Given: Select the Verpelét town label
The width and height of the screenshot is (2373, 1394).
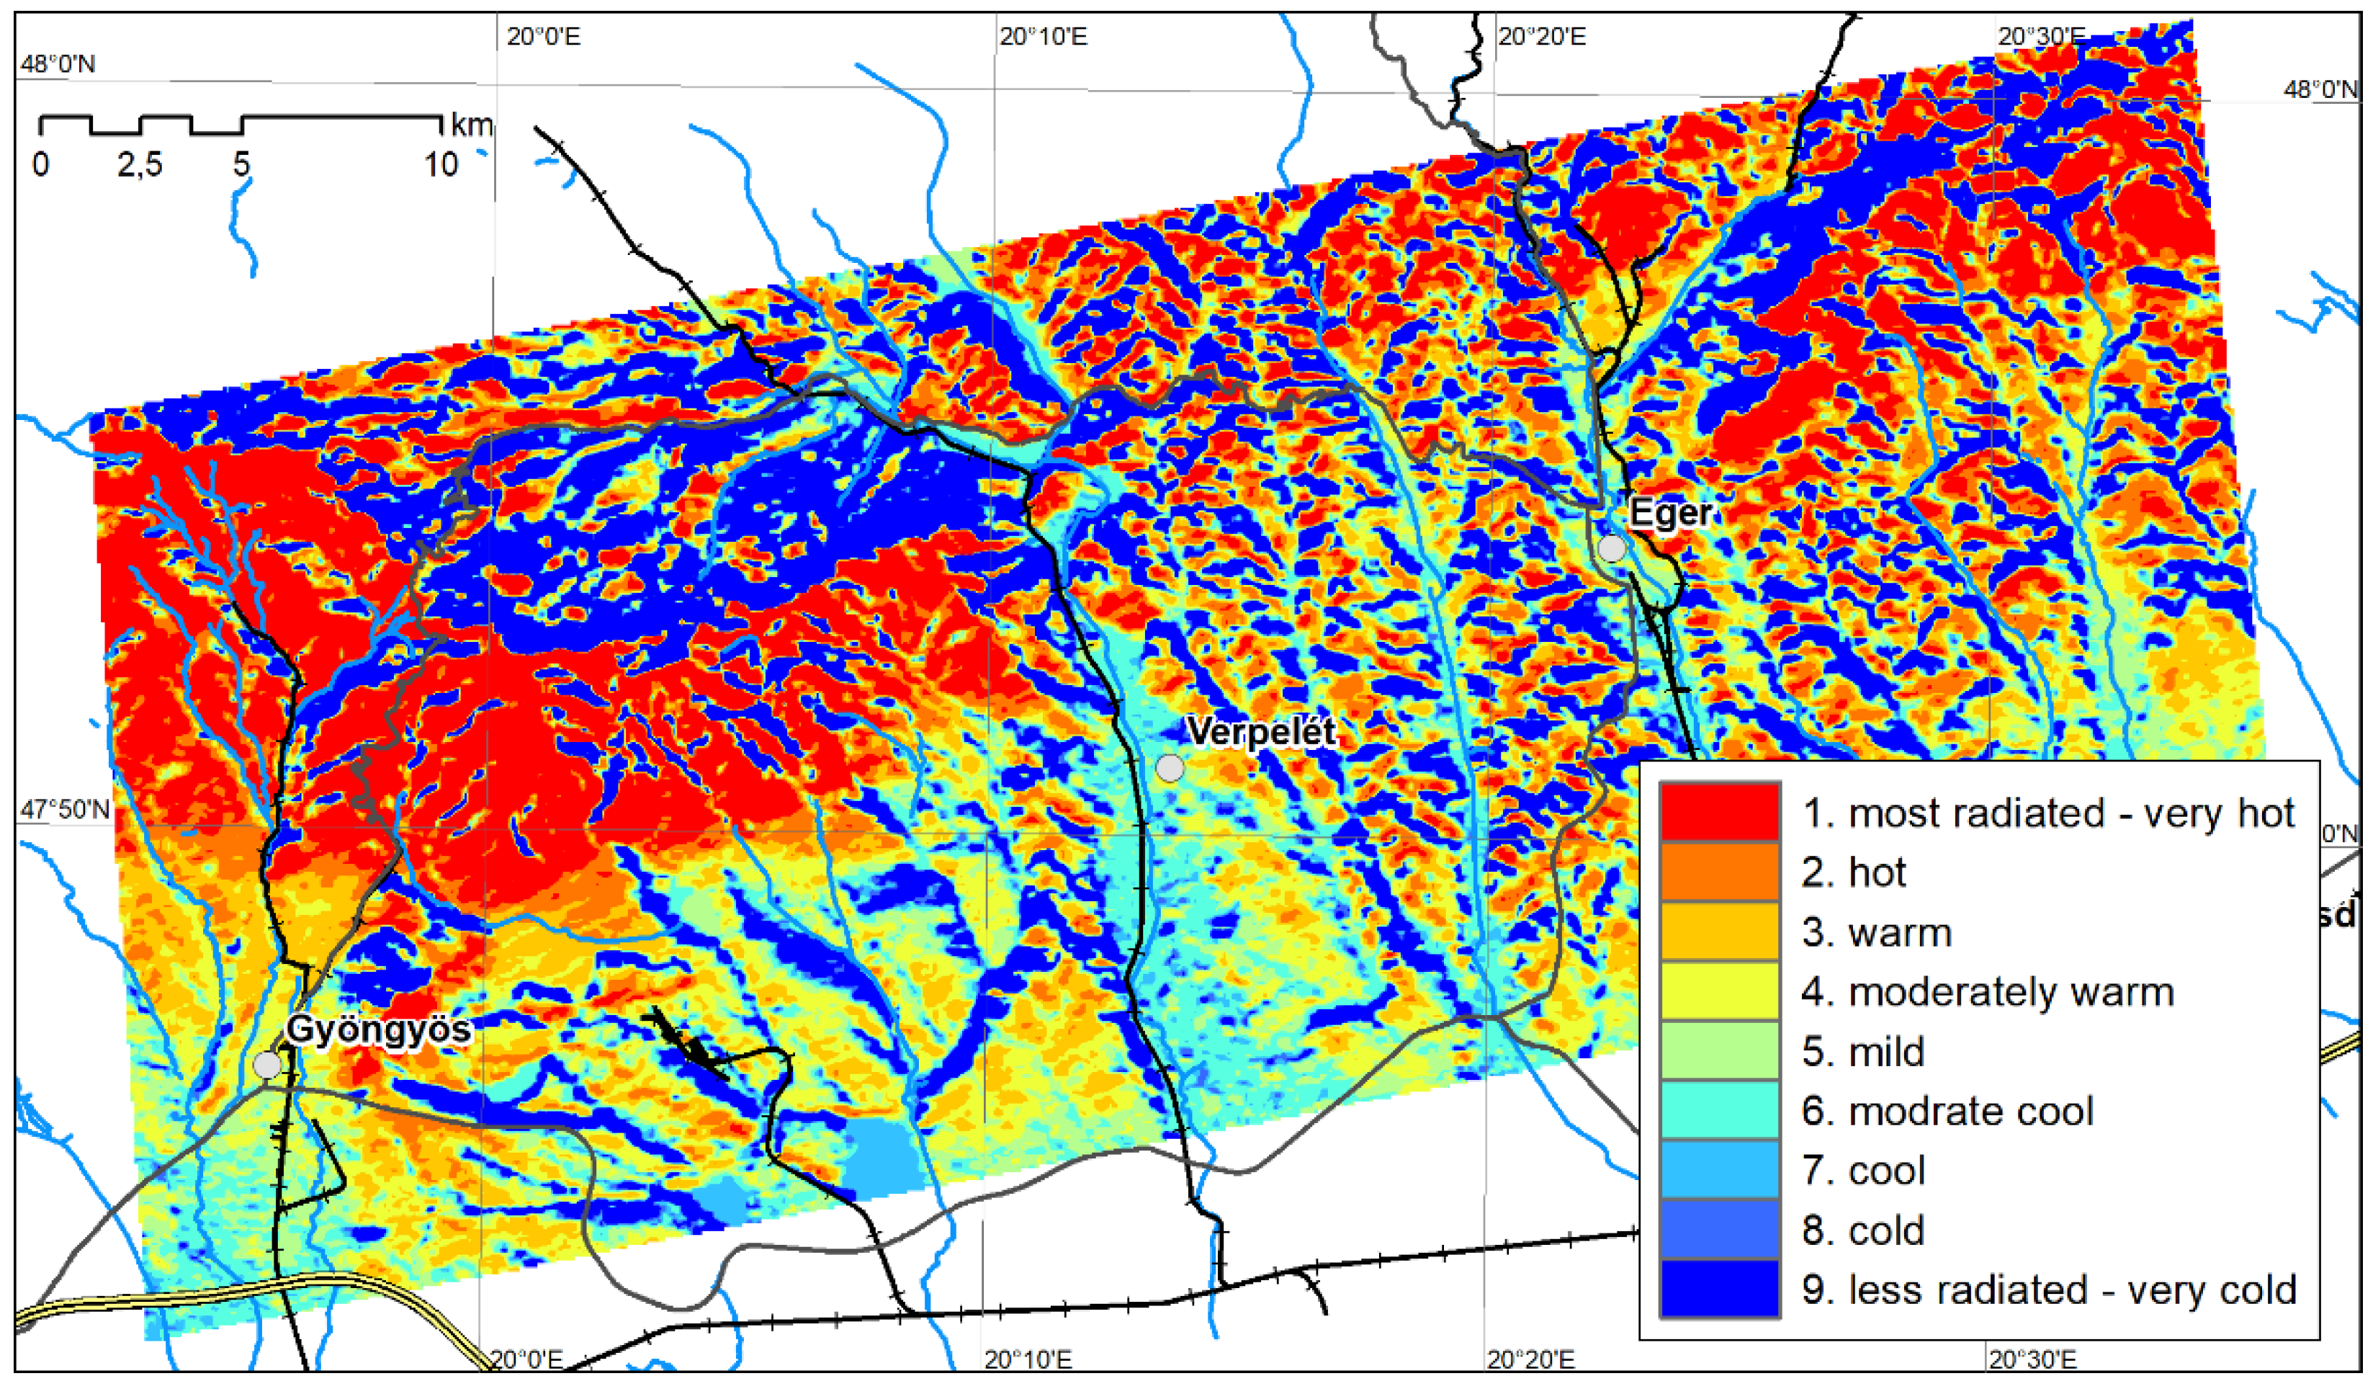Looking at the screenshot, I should (1261, 732).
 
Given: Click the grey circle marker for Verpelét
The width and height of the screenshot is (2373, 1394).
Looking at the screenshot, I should (1170, 769).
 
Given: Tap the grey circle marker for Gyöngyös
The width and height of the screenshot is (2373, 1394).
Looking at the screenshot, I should (267, 1065).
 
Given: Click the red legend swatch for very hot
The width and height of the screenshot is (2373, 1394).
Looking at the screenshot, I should (1720, 812).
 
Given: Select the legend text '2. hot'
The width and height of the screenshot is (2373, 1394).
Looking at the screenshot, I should (1853, 873).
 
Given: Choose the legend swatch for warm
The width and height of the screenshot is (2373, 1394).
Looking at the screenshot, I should (1720, 931).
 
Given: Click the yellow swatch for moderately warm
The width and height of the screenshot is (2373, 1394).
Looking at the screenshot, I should (1720, 992).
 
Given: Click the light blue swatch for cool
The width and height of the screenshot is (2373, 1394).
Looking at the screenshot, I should (1720, 1171).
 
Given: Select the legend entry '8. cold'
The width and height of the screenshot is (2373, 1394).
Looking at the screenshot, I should (1862, 1231).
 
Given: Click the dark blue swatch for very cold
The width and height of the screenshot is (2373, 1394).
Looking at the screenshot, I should (1720, 1290).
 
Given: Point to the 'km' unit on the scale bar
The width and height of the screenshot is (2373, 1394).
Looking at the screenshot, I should (472, 125).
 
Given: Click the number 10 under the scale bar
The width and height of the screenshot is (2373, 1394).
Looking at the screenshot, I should (440, 165).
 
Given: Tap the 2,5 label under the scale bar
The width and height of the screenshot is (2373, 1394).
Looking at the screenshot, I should (140, 165).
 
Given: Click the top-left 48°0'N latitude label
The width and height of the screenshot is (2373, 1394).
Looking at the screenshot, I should (58, 64).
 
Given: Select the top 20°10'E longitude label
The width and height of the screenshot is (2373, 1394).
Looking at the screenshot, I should (1044, 37).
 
